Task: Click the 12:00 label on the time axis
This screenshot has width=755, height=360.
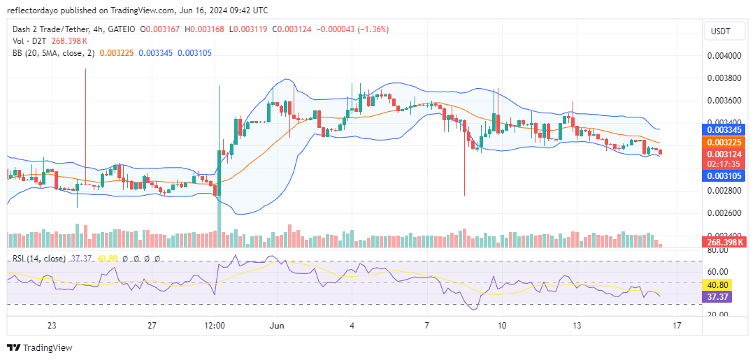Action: pyautogui.click(x=215, y=326)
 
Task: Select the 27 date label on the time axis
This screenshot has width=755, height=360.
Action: pyautogui.click(x=152, y=326)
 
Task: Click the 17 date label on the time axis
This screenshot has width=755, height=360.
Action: pyautogui.click(x=677, y=326)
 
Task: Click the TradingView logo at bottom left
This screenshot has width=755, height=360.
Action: pyautogui.click(x=40, y=347)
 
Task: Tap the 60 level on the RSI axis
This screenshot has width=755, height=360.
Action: pyautogui.click(x=719, y=271)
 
